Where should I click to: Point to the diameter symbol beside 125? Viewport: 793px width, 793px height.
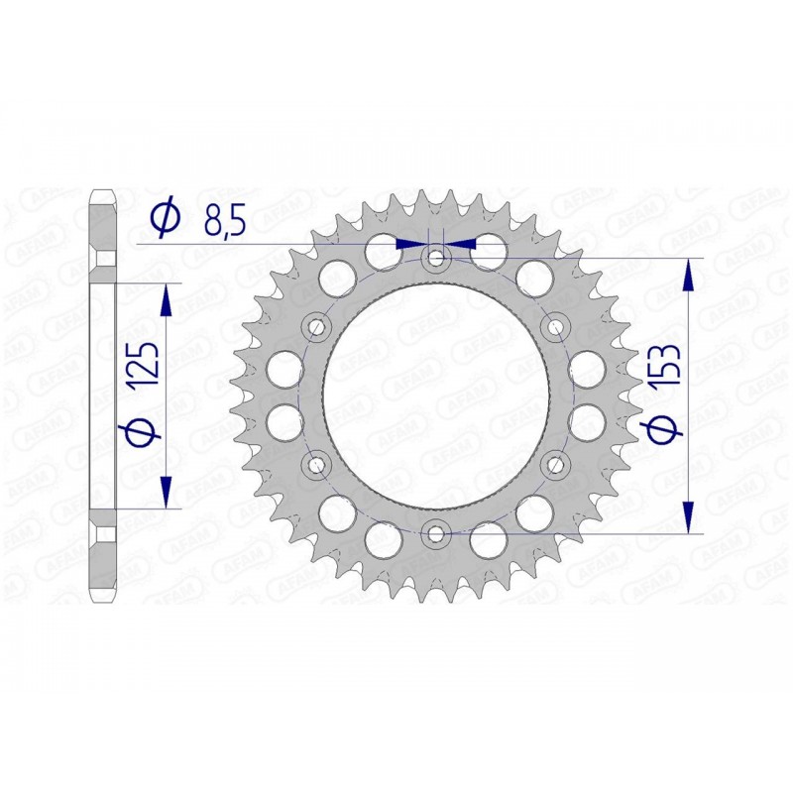pyautogui.click(x=145, y=430)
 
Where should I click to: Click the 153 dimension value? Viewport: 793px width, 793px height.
pyautogui.click(x=666, y=366)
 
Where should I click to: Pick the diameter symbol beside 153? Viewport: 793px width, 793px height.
pyautogui.click(x=666, y=430)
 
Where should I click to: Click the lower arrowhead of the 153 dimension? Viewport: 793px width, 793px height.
pyautogui.click(x=688, y=516)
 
